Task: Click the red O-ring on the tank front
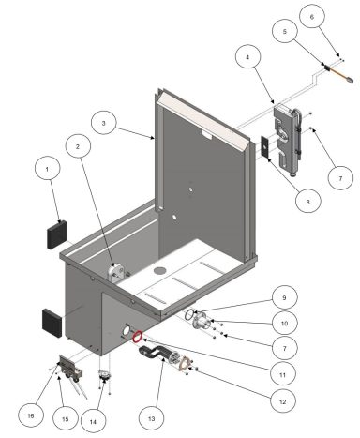click(137, 336)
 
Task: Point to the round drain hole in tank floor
click(157, 271)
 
